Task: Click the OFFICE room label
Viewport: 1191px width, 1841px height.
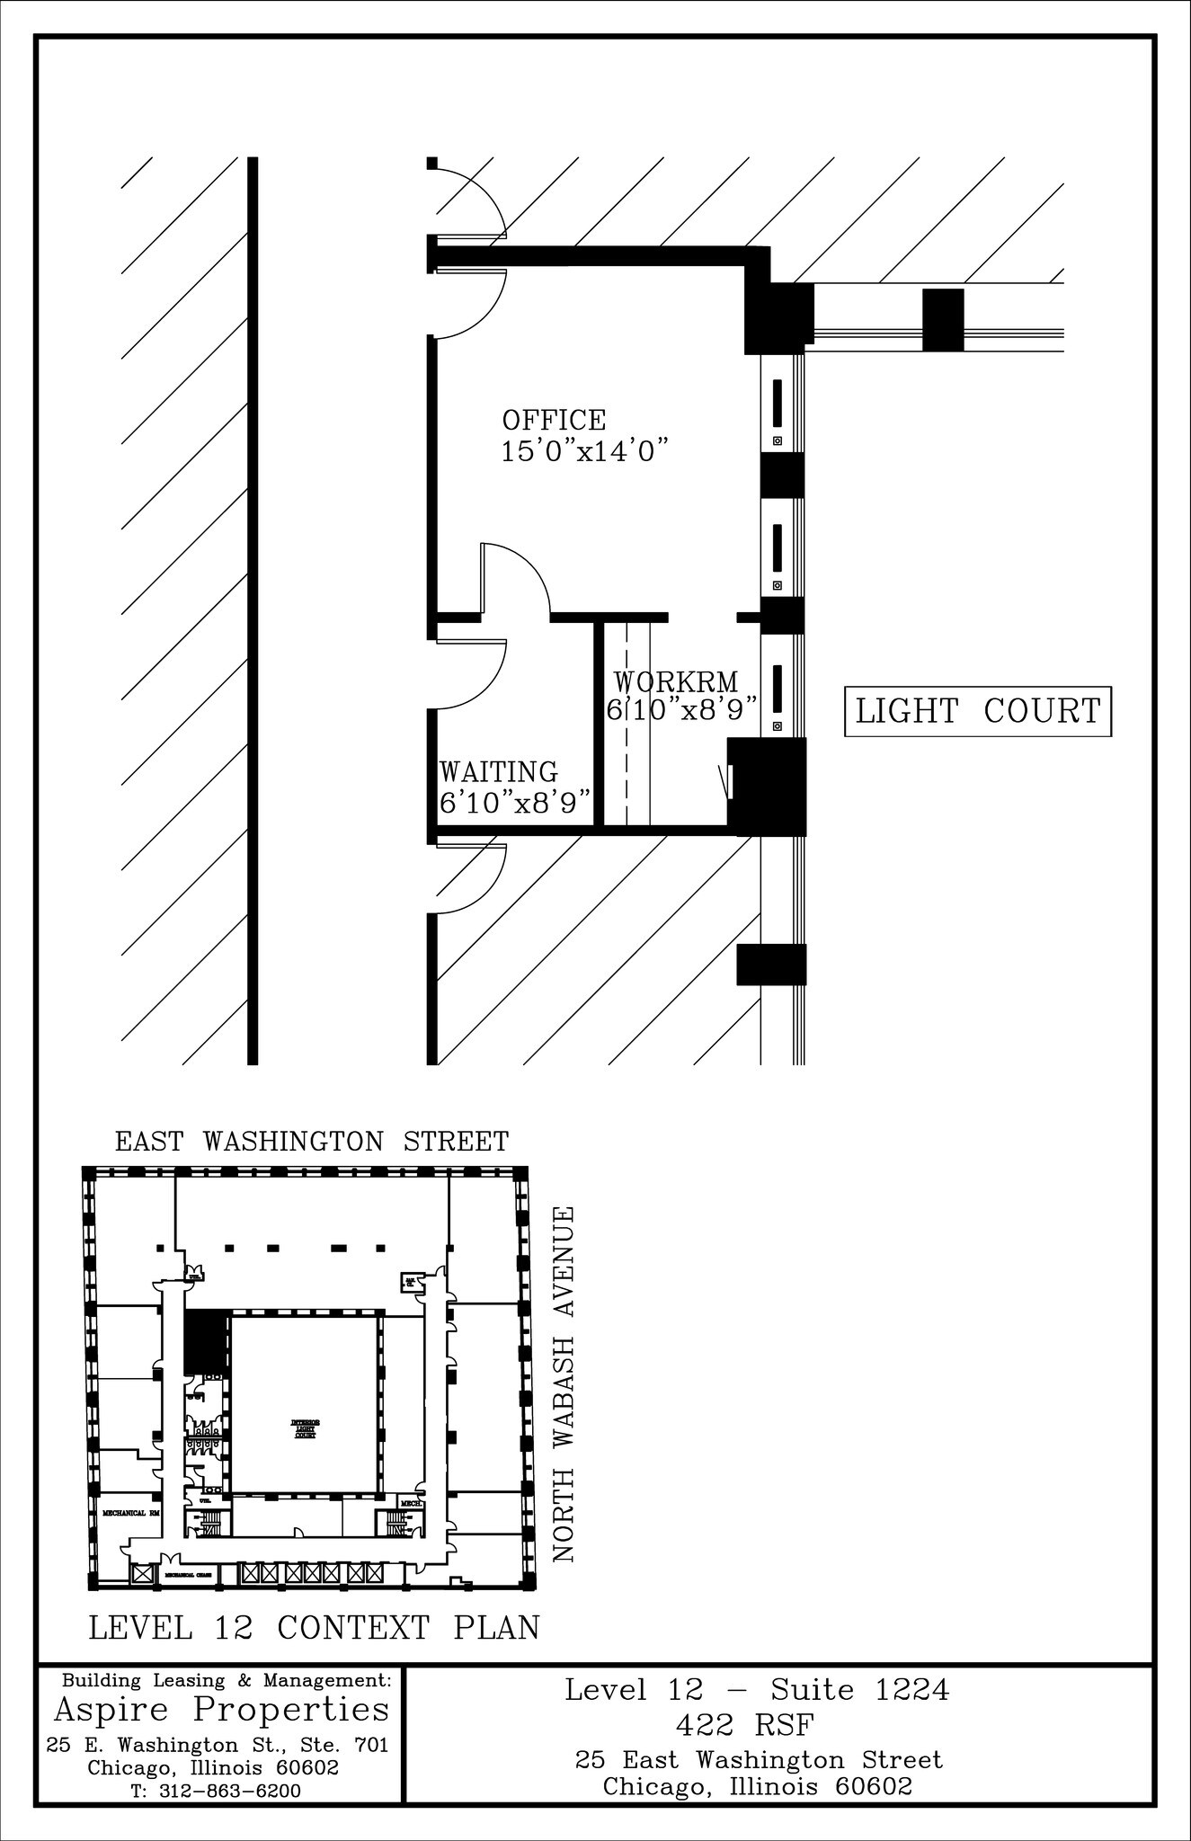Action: click(554, 420)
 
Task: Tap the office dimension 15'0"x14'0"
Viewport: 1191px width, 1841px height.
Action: click(587, 450)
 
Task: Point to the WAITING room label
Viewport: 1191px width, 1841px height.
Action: click(498, 772)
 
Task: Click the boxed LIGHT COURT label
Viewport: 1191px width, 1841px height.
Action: click(978, 711)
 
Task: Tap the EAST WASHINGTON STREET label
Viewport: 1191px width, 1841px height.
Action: click(312, 1142)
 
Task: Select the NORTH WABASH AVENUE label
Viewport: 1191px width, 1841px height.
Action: click(564, 1383)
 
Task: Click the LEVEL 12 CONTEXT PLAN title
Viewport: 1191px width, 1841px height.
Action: click(314, 1627)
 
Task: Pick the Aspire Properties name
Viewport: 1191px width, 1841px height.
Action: click(222, 1708)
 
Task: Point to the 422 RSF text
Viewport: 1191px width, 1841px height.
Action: click(757, 1725)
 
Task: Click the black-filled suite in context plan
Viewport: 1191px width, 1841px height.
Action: click(206, 1340)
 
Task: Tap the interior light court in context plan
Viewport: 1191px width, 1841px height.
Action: click(305, 1403)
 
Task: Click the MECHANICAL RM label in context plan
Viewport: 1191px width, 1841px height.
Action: click(129, 1513)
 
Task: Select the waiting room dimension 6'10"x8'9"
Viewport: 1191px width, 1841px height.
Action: click(516, 801)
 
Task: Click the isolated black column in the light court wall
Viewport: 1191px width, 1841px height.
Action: click(943, 320)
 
